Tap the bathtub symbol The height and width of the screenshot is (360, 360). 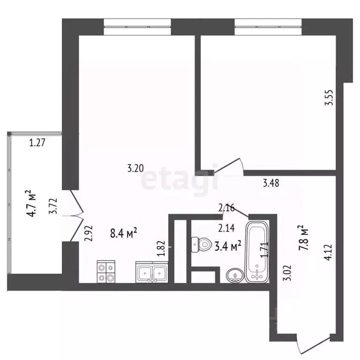pos(257,253)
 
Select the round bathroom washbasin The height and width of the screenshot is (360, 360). pos(233,275)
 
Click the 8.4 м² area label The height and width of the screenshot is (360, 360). pos(123,232)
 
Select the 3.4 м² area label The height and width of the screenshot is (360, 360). pos(228,245)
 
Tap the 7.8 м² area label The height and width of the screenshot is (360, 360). pos(305,238)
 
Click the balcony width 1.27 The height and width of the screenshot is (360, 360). pos(37,143)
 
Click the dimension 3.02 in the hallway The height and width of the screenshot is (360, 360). pos(291,273)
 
